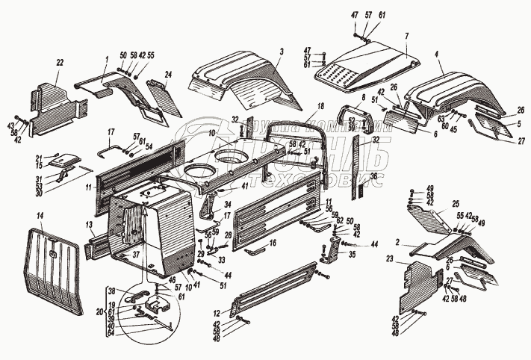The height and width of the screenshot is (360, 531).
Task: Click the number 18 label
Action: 320,106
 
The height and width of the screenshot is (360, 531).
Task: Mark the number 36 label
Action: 374,176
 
